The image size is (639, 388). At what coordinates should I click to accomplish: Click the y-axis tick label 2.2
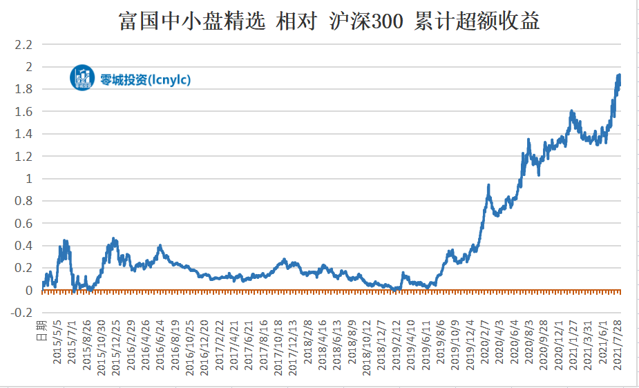point(24,45)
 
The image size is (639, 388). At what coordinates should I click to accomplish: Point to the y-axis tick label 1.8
point(24,90)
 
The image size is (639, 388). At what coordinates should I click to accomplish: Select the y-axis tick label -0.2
point(22,313)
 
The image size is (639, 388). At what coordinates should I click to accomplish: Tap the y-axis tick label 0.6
point(24,224)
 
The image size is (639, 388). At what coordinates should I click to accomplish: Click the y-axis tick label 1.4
point(24,134)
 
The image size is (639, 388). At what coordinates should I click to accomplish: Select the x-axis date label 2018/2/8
point(308,341)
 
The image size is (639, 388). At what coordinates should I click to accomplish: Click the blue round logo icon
point(82,78)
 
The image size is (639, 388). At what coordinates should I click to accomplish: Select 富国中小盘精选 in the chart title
point(192,21)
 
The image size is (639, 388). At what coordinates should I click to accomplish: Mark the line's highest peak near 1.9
point(619,75)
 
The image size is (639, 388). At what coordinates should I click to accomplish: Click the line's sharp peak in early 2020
point(489,185)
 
